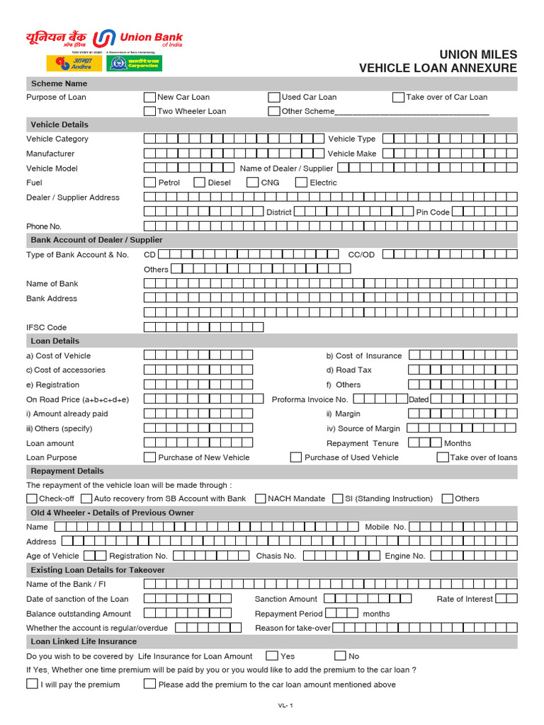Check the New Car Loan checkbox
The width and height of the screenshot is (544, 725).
pos(149,98)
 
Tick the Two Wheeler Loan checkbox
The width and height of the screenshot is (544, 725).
pos(149,111)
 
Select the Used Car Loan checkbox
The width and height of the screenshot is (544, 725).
pos(274,98)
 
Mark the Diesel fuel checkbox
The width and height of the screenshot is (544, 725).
pos(200,183)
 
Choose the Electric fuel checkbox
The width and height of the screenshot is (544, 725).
pos(301,183)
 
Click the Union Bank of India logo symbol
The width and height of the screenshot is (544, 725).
pos(106,38)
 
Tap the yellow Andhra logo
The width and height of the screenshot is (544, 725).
pos(74,63)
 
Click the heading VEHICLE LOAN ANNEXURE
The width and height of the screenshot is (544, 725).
pos(438,69)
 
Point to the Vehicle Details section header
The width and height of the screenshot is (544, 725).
pos(59,125)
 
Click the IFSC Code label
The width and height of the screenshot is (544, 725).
pos(47,328)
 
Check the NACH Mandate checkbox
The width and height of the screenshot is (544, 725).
pos(260,499)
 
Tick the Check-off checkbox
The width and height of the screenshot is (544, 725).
pos(32,499)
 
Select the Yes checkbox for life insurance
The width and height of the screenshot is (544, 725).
pos(271,656)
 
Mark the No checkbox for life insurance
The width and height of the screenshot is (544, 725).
pos(340,656)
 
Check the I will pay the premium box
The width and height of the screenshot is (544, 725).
pos(32,684)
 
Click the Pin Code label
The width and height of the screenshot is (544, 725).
pos(432,212)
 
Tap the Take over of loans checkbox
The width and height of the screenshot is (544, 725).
pos(443,457)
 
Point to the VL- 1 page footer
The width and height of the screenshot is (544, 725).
pos(285,706)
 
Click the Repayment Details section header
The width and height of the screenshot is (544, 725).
pos(67,471)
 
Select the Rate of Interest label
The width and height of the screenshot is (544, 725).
pos(464,599)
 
